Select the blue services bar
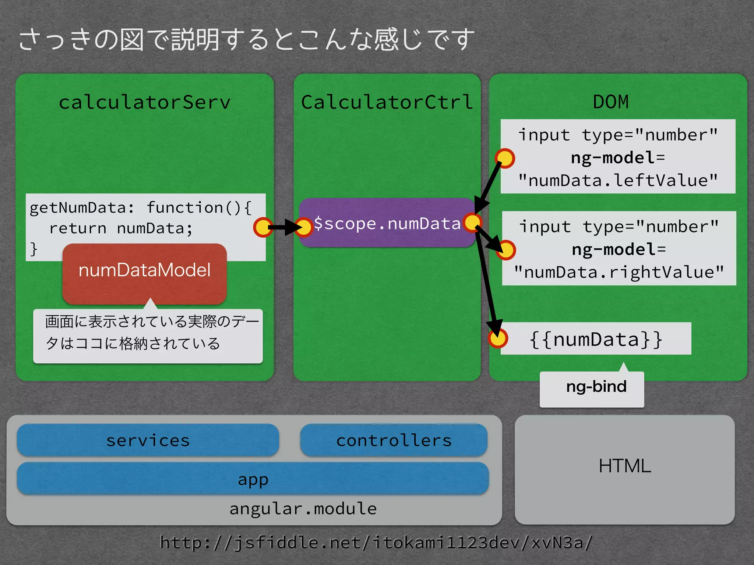point(148,440)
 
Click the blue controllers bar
point(394,440)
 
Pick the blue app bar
point(253,479)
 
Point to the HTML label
point(624,466)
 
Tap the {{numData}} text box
point(596,339)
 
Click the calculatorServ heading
point(144,102)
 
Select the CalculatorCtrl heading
point(387,102)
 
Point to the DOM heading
point(610,102)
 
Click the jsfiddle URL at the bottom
point(376,542)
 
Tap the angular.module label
point(303,509)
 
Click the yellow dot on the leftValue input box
point(505,159)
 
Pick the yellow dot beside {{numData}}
point(498,338)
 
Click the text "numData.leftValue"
point(618,181)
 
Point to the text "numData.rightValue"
point(619,273)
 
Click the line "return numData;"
point(121,228)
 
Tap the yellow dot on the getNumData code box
point(263,227)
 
